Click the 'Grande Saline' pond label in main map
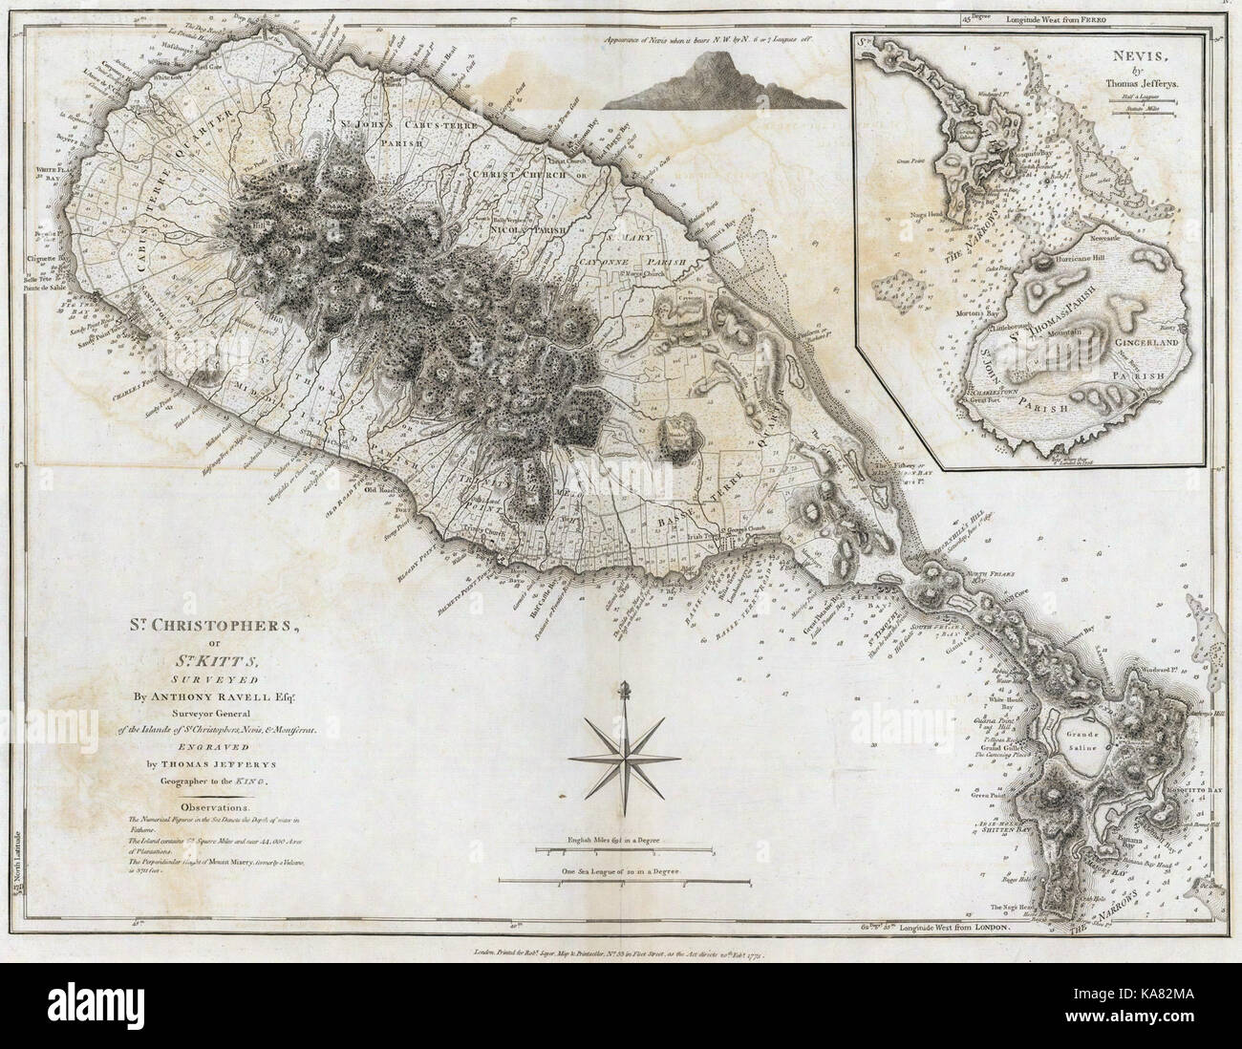coord(1086,739)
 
